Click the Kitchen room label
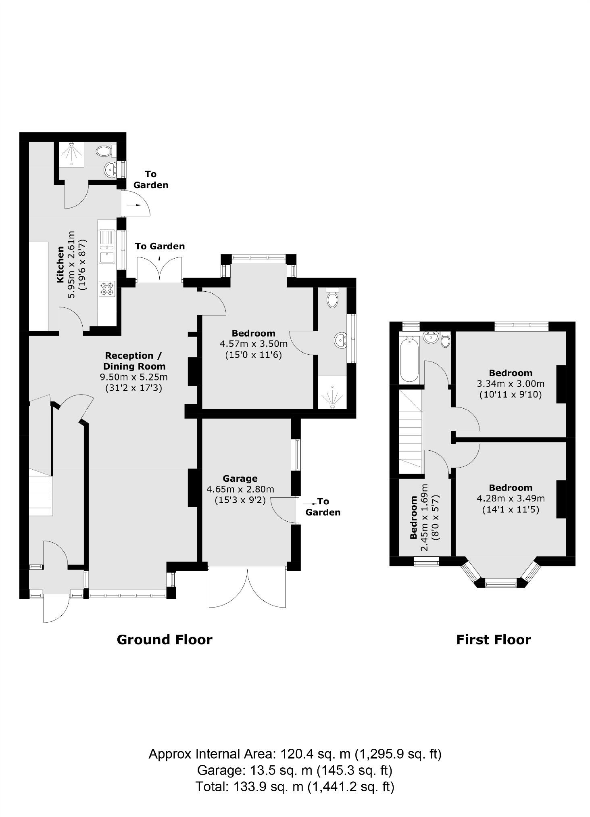pos(60,264)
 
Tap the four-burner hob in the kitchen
pos(107,289)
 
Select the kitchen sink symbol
pos(107,246)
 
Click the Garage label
pos(240,478)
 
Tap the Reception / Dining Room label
pos(134,361)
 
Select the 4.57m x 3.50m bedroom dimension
pos(254,344)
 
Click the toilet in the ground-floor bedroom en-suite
pos(332,297)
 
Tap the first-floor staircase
pos(411,431)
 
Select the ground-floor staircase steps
pos(40,492)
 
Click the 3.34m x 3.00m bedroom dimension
pos(511,383)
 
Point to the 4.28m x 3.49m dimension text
pos(511,498)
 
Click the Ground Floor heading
pos(165,639)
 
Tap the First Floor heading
pos(494,639)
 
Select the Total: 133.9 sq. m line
pos(295,786)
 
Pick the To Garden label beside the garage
pos(323,507)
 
